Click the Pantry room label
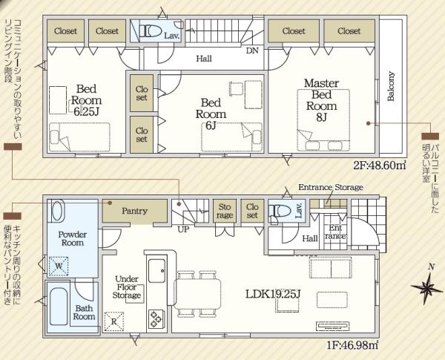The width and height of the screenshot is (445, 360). point(134,211)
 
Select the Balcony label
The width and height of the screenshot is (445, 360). point(391,86)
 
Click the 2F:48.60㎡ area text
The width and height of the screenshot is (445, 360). point(379,165)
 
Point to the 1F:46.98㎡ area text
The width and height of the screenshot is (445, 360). point(352,346)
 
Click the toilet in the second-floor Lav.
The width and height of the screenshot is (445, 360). point(151,30)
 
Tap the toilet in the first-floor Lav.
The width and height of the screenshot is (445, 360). point(280,211)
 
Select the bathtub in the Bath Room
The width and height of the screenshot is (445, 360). point(59,307)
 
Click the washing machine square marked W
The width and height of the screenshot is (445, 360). point(59,266)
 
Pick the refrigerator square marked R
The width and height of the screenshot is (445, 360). point(113,321)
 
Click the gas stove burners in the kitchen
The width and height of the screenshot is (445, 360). point(156,319)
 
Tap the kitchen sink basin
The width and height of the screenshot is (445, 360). point(156,270)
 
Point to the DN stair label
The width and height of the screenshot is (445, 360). point(252,51)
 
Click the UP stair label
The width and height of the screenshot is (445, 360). point(183,229)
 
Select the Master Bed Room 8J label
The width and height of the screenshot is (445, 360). point(321,100)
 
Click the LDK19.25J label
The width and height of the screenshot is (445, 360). point(273,294)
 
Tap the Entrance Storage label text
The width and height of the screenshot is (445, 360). point(331,187)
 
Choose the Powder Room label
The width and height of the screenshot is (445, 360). point(73,239)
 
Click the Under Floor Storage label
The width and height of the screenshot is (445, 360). point(127,287)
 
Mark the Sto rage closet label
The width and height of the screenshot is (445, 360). point(225,211)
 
